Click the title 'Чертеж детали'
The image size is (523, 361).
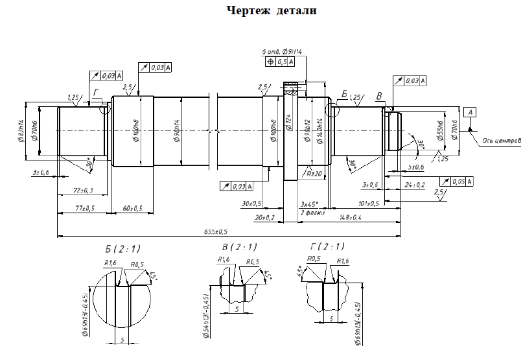[x=272, y=10]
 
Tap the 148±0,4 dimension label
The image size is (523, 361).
[x=350, y=217]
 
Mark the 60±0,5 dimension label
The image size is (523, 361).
[x=132, y=208]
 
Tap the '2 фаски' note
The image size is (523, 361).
[x=312, y=213]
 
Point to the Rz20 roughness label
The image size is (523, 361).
[x=316, y=173]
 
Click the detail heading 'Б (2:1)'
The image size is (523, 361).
[x=122, y=248]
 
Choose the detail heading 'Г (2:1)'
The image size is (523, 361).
[x=327, y=246]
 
